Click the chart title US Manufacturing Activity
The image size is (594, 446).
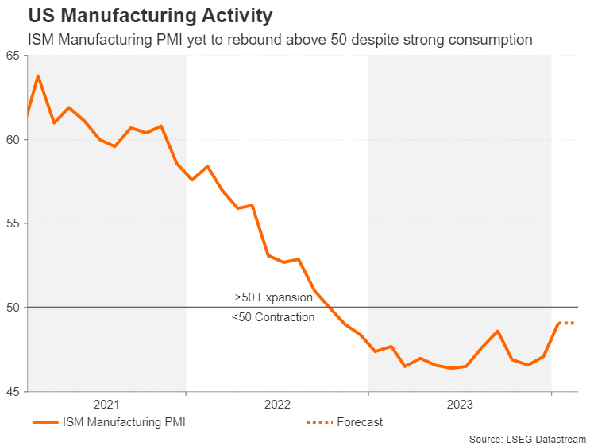(151, 16)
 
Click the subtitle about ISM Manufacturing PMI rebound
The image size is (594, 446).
(280, 39)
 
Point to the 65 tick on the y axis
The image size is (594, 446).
(13, 56)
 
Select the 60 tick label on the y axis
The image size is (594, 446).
(13, 140)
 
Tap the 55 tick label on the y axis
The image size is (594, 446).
(13, 223)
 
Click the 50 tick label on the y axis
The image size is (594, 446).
(13, 308)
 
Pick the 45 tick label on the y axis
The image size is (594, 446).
(13, 391)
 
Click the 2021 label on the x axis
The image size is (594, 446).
(106, 404)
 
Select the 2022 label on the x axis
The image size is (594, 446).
(277, 404)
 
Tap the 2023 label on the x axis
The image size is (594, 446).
(460, 404)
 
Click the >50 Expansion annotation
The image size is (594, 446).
(273, 297)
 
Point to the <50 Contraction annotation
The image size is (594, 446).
(273, 317)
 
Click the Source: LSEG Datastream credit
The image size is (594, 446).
(527, 439)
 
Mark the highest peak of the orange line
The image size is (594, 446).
(38, 76)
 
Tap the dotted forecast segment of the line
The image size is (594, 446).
(565, 323)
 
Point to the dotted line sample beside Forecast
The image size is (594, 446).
(318, 422)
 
